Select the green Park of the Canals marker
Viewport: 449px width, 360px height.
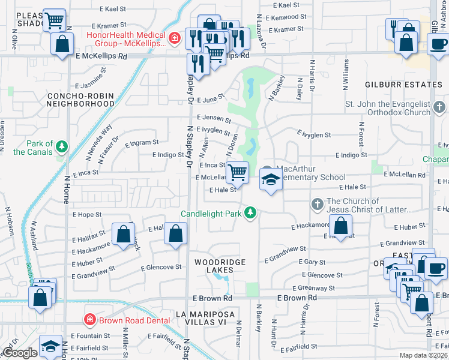(x=62, y=146)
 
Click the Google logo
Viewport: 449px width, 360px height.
(x=19, y=353)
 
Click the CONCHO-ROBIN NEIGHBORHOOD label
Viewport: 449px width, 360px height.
(x=80, y=100)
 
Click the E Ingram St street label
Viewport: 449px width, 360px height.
(x=142, y=143)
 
